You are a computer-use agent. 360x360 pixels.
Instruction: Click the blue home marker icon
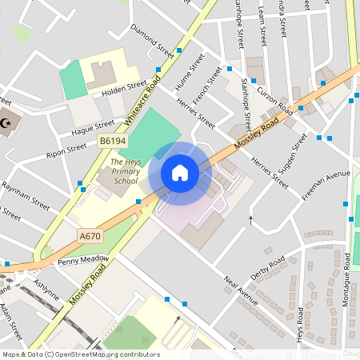[180, 172]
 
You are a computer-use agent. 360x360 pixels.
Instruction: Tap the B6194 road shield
[113, 141]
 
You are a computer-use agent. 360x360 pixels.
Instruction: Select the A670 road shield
[90, 236]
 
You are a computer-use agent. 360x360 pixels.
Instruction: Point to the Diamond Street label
[152, 42]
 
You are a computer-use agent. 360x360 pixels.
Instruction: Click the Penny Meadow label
[83, 260]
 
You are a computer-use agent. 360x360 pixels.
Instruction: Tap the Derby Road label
[267, 268]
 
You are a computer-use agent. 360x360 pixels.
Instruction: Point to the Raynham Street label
[25, 190]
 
